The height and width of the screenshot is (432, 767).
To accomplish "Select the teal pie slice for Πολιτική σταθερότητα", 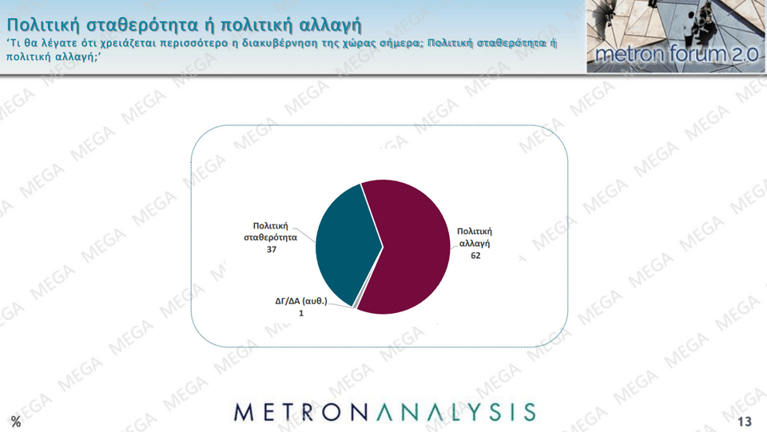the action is coord(345,244).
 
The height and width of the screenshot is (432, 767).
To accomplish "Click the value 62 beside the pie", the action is coord(475,256).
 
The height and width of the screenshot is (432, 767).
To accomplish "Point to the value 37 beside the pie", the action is coord(272,250).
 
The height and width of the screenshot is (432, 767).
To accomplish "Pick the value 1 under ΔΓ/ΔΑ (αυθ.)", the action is coord(301,313).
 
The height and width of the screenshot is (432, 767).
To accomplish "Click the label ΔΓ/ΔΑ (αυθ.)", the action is coord(301,301).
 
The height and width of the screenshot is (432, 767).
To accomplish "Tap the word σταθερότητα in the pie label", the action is coord(271,238).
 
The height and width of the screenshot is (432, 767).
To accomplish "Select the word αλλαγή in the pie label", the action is coord(475,244).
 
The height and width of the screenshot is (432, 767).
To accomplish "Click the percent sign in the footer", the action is coord(16,422).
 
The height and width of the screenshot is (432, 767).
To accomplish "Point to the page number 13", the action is coord(745,422).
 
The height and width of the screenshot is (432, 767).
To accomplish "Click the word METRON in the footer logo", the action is coord(301,413).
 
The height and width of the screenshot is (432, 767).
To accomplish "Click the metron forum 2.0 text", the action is coord(677,54).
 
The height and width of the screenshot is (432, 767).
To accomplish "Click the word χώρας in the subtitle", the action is coord(360,43).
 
